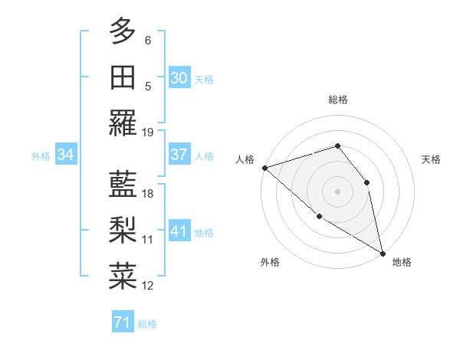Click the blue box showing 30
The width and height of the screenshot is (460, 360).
click(x=179, y=77)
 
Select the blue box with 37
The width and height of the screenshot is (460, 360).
click(x=179, y=155)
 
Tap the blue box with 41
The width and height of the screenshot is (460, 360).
click(x=179, y=231)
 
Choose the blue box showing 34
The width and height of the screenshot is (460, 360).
click(x=66, y=155)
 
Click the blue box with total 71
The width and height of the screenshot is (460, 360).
click(x=122, y=323)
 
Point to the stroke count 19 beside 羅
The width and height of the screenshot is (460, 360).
click(x=148, y=132)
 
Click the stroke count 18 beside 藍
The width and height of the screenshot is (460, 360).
click(x=148, y=194)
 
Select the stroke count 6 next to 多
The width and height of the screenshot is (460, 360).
click(x=148, y=40)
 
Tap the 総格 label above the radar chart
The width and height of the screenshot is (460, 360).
click(x=337, y=100)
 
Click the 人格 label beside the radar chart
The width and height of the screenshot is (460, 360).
click(x=245, y=159)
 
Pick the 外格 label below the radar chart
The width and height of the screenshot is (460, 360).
click(x=270, y=263)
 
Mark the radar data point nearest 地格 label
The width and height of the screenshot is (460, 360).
click(x=383, y=253)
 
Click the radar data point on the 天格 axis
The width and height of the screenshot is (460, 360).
click(x=366, y=182)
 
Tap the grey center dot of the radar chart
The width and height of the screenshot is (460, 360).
click(x=337, y=191)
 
